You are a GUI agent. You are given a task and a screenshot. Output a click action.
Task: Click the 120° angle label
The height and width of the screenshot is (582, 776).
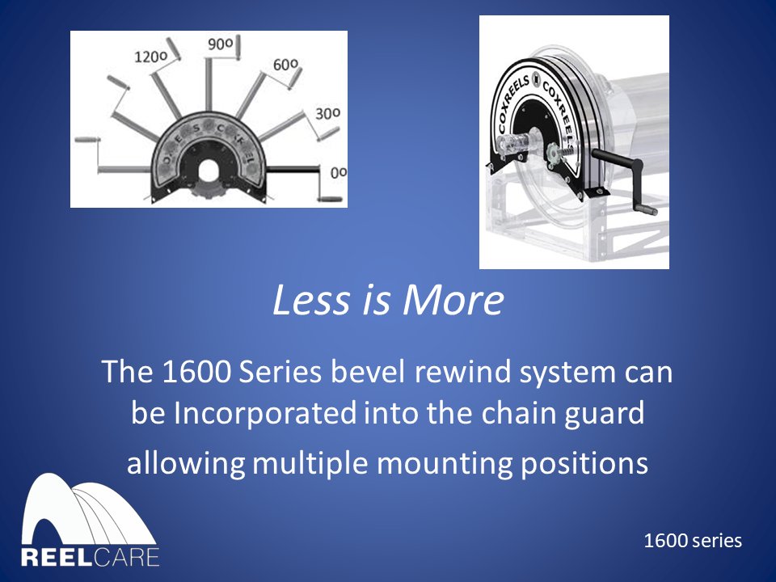(x=150, y=57)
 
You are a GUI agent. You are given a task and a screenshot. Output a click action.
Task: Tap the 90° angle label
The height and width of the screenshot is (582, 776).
(x=220, y=45)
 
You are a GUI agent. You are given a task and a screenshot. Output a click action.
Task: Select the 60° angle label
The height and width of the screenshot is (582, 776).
(x=285, y=64)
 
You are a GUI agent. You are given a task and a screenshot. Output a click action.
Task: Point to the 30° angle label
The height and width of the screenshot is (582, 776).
(x=327, y=114)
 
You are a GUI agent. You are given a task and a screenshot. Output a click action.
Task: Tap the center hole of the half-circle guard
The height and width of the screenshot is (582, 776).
(x=209, y=171)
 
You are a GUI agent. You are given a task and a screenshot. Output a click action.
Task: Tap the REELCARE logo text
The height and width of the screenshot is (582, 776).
(x=91, y=558)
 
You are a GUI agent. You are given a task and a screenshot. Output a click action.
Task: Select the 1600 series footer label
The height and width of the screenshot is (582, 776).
(x=693, y=541)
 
